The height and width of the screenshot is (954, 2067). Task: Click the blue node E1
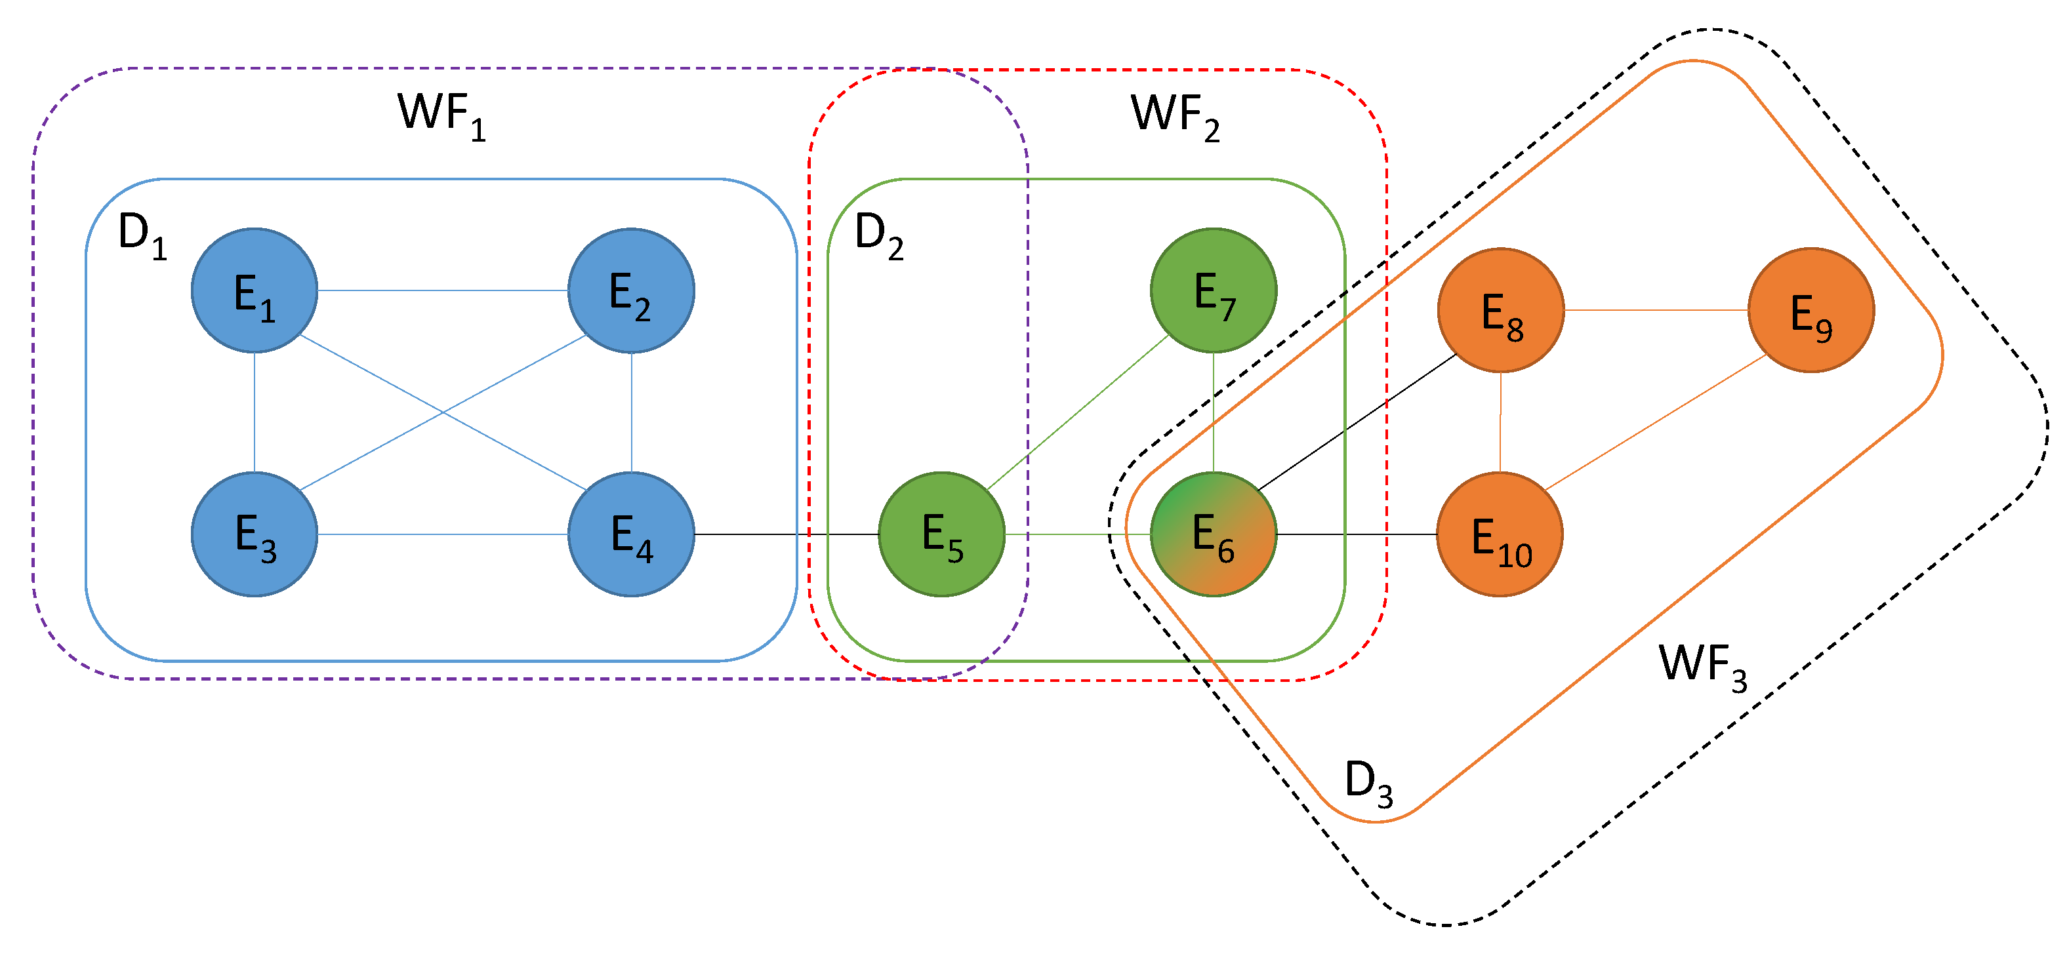pos(255,290)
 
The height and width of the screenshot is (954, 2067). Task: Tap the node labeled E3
pos(255,534)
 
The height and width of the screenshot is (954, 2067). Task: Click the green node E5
pos(941,534)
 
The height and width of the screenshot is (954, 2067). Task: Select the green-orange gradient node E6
pos(1214,534)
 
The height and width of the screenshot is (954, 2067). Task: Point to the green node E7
pos(1214,290)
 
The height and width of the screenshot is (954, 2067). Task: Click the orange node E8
pos(1500,311)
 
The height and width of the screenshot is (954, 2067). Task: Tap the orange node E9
pos(1811,311)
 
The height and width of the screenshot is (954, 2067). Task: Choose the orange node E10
pos(1499,534)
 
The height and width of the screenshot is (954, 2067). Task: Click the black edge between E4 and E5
pos(787,534)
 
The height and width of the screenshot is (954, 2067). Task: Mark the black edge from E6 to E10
pos(1356,534)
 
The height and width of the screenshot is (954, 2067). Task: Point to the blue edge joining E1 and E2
pos(442,290)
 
